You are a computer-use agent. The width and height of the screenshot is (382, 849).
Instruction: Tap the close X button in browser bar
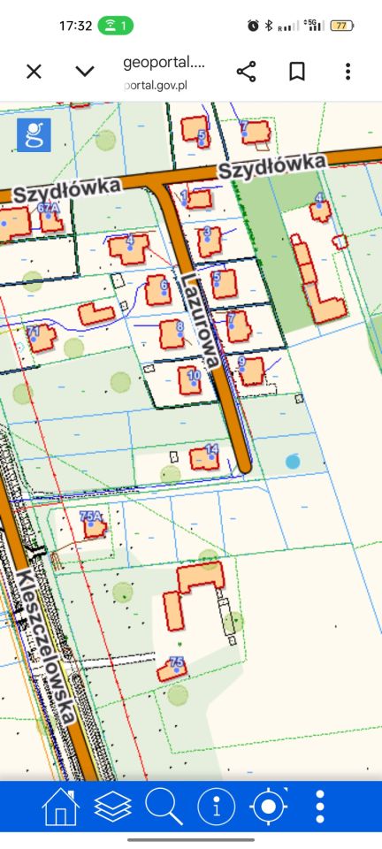34,72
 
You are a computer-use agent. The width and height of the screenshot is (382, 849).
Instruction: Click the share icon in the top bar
247,72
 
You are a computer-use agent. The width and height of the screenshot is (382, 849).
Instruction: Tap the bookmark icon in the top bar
297,72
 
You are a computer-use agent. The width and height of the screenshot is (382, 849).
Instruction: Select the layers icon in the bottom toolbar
112,807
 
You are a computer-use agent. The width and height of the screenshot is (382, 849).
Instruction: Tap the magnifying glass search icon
164,807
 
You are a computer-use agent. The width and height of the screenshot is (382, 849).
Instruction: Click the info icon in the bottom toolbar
216,807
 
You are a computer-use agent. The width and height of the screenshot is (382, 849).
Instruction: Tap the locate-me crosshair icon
269,807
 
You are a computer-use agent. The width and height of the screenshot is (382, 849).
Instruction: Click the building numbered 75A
93,526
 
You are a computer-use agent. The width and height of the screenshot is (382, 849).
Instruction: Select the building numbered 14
204,457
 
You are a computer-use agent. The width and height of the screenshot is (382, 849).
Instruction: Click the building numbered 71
40,338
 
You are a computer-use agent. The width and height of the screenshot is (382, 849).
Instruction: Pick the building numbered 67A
50,218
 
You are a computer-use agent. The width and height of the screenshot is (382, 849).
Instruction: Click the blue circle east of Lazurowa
293,461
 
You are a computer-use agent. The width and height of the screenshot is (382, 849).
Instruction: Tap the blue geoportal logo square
34,135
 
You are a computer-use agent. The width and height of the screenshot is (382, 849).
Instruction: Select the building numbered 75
172,669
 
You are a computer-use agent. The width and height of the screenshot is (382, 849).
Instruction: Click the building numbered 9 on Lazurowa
250,371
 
